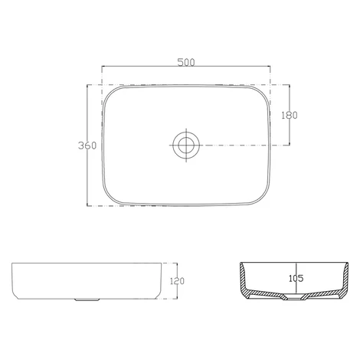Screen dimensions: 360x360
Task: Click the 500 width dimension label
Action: pos(186,62)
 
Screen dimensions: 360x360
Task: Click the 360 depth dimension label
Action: pos(87,146)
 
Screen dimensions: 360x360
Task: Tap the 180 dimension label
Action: pos(290,116)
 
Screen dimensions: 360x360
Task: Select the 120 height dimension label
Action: pos(177,281)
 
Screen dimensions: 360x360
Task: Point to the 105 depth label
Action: pos(296,278)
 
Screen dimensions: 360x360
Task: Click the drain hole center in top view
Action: pos(186,145)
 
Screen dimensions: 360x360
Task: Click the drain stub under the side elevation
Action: pos(87,299)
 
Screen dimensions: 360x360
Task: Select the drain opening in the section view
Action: pos(294,298)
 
